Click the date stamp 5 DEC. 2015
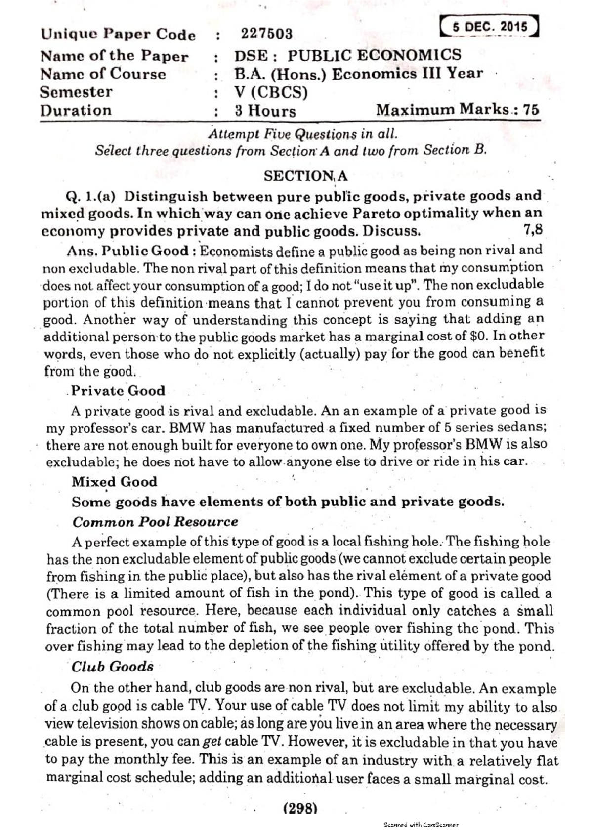(x=490, y=27)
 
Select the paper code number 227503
(x=266, y=34)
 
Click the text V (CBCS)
(x=271, y=92)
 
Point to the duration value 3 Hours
(x=265, y=111)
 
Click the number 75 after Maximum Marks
(x=531, y=110)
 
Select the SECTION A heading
(x=305, y=176)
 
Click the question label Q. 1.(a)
(x=90, y=196)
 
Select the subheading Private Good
(x=118, y=391)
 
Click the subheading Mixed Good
(x=114, y=482)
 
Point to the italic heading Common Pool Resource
(x=155, y=522)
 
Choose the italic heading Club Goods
(x=112, y=667)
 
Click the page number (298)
(x=300, y=808)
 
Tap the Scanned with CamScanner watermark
(x=421, y=825)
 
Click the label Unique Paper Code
(x=118, y=34)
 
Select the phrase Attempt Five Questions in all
(x=303, y=134)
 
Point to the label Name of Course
(x=103, y=74)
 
